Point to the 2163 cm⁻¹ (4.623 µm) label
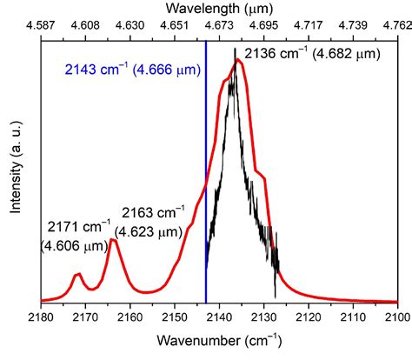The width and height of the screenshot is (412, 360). (x=151, y=221)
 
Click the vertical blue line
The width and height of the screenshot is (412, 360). (x=205, y=174)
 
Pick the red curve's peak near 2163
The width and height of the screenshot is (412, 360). (x=113, y=241)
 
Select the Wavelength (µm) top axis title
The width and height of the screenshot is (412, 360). (x=219, y=9)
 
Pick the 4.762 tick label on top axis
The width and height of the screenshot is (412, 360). (x=396, y=28)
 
